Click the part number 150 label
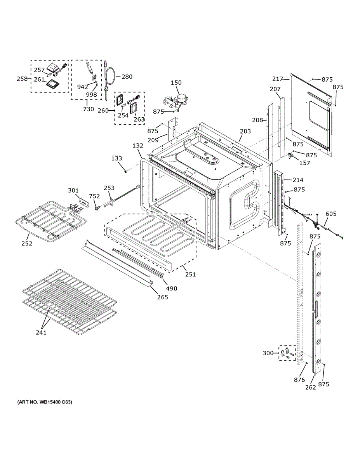(x=176, y=83)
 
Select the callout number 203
(x=245, y=131)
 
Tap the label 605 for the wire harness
(x=331, y=214)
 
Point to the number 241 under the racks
(x=41, y=332)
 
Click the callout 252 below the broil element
(x=27, y=243)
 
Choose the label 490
(x=171, y=288)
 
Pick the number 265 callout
(x=162, y=297)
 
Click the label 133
(x=117, y=158)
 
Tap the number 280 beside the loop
(x=127, y=77)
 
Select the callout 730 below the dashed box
(x=88, y=109)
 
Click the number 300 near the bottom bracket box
(x=268, y=353)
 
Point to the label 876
(x=299, y=380)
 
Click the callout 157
(x=304, y=163)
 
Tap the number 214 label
(x=298, y=180)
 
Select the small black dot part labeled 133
(x=126, y=171)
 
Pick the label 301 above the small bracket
(x=73, y=190)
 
